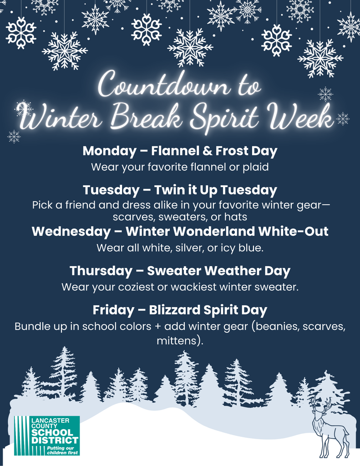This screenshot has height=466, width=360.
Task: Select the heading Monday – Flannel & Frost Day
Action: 180,150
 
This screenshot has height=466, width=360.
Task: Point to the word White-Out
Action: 294,231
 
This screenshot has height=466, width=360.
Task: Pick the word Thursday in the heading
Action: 100,271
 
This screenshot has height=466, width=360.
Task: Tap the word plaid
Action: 255,167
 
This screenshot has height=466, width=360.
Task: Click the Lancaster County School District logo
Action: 46,436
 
